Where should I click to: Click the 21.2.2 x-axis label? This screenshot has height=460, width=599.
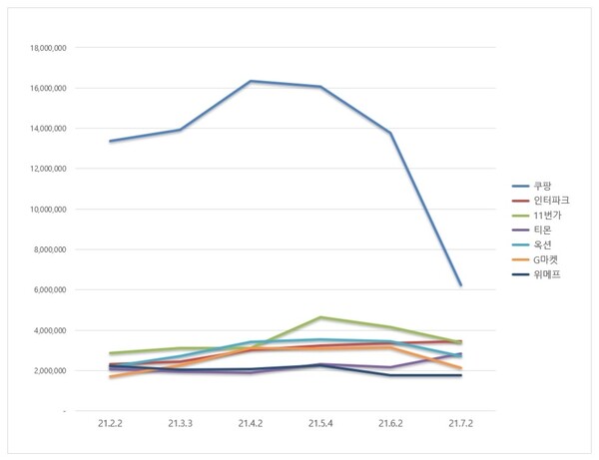[x=110, y=424]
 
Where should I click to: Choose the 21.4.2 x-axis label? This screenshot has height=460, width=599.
[x=251, y=424]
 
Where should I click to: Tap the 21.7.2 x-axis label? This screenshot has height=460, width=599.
[x=460, y=424]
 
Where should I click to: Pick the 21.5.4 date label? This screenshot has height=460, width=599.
[x=320, y=424]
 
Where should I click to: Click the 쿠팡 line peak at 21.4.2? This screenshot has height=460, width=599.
[x=251, y=81]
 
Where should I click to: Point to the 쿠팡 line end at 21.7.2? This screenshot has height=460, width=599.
[x=460, y=285]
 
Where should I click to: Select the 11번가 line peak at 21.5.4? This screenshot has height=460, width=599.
[x=320, y=317]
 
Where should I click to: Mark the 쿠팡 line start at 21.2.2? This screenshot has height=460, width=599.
[x=110, y=141]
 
